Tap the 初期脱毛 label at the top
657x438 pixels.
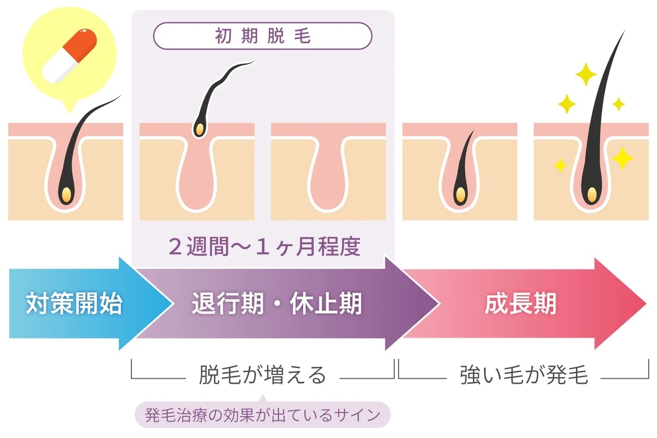[262, 37]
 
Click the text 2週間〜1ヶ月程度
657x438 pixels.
[264, 247]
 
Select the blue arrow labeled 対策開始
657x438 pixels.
[74, 304]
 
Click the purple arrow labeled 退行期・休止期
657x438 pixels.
[276, 304]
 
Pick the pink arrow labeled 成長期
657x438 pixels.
[520, 304]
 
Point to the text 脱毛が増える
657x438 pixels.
[262, 376]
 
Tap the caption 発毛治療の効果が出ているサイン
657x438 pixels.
[262, 416]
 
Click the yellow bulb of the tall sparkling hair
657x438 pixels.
[591, 193]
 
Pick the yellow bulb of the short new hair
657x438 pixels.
[460, 193]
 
